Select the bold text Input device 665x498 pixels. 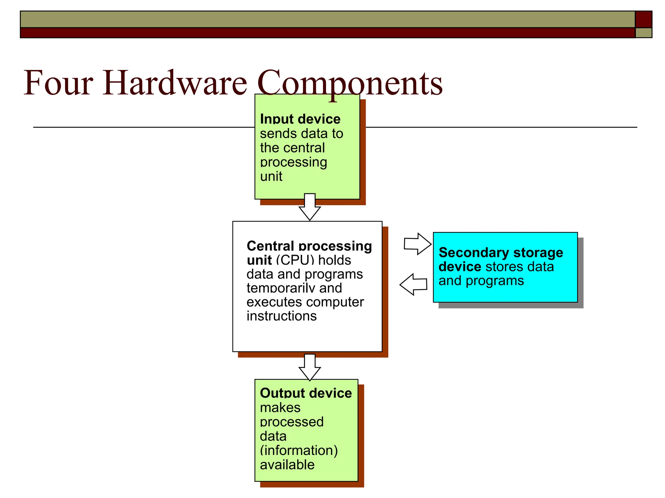[300, 119]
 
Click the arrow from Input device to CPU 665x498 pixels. [310, 207]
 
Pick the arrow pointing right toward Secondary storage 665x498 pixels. [418, 244]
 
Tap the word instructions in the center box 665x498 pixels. [281, 316]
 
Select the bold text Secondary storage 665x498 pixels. [501, 253]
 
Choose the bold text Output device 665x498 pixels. [306, 393]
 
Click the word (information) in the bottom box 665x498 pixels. [299, 450]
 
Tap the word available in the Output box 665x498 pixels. [287, 465]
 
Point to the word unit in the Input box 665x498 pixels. [271, 176]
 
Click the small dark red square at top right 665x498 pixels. [643, 19]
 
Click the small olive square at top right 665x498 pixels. [643, 33]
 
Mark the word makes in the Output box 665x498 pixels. [280, 408]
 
